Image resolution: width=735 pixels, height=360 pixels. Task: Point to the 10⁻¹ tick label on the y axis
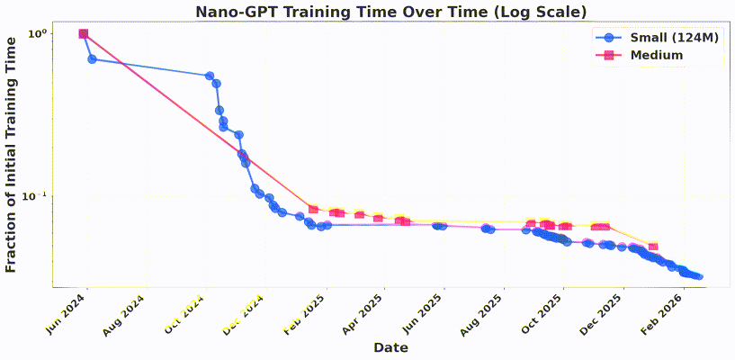click(36, 196)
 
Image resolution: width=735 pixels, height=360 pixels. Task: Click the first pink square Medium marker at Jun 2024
click(84, 34)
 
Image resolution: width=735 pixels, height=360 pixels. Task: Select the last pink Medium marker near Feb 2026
click(653, 247)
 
